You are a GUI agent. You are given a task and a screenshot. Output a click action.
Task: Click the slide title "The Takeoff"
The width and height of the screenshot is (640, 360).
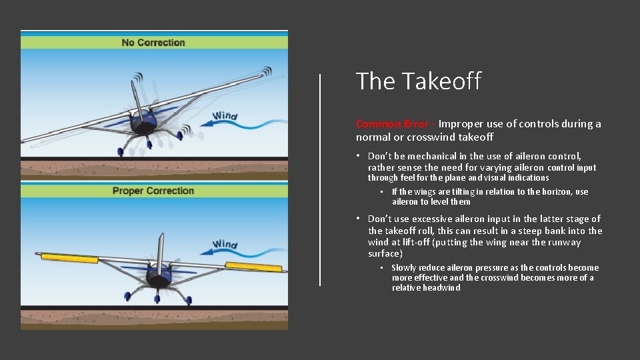418,81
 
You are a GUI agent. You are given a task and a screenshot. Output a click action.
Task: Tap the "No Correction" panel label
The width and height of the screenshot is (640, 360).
153,43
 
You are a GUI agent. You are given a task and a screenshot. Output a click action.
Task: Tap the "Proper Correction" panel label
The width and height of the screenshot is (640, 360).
153,191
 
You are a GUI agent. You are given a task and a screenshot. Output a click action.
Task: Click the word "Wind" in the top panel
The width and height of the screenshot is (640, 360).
225,117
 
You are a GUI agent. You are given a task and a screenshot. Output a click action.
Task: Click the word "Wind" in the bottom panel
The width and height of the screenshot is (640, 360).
225,245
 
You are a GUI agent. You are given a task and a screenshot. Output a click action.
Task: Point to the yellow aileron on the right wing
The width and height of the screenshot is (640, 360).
253,266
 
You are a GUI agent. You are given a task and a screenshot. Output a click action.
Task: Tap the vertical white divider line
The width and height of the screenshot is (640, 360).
321,179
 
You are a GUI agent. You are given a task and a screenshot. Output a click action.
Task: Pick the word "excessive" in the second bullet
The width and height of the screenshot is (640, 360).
435,219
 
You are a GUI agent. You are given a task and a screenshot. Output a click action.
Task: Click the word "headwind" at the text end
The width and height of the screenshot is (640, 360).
440,288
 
